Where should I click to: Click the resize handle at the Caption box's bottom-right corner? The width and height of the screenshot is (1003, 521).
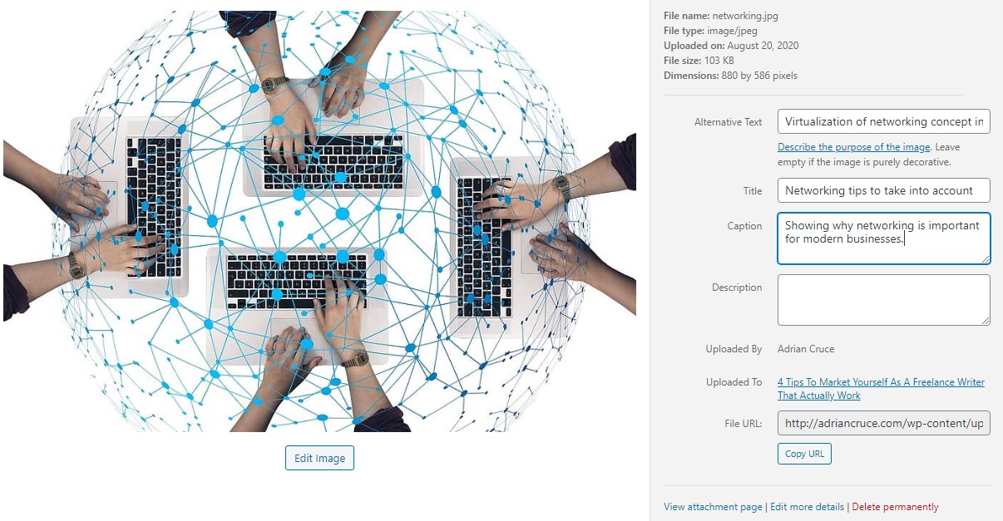(x=986, y=259)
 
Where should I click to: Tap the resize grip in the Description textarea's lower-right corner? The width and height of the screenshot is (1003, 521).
(x=986, y=321)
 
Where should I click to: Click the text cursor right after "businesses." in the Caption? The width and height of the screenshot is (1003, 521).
(x=905, y=239)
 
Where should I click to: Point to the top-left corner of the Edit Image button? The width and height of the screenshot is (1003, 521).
(x=285, y=446)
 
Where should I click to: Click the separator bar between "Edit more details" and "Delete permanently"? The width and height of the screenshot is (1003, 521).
(x=847, y=507)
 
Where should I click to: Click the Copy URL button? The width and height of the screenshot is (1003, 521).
(x=804, y=454)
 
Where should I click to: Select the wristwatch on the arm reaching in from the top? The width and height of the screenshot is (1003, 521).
(x=274, y=84)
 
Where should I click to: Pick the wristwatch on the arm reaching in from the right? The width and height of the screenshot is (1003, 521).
(x=563, y=188)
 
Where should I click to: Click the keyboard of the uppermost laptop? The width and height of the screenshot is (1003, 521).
(x=334, y=162)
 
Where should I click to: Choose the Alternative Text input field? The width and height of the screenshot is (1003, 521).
(x=884, y=121)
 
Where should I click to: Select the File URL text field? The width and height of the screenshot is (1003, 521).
(x=884, y=423)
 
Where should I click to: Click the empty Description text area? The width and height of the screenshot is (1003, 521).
(x=884, y=300)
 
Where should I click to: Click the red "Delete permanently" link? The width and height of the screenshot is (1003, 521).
(x=895, y=507)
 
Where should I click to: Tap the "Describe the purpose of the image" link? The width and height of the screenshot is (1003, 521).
(x=854, y=147)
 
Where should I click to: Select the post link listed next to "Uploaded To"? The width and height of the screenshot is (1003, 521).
(x=881, y=389)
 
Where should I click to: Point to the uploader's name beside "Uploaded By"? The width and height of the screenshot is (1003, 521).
(x=806, y=349)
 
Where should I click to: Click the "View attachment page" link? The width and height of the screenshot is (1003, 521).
(x=713, y=507)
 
